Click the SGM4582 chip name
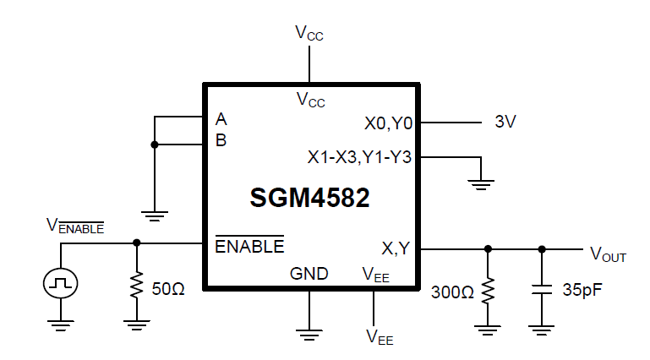pyautogui.click(x=309, y=198)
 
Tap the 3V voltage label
pyautogui.click(x=505, y=122)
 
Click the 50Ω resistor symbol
pyautogui.click(x=135, y=287)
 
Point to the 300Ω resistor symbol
pyautogui.click(x=487, y=292)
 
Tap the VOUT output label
pyautogui.click(x=608, y=253)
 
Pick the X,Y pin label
pyautogui.click(x=396, y=248)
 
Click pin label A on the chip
pyautogui.click(x=221, y=118)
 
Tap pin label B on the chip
pyautogui.click(x=221, y=140)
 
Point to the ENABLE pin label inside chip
pyautogui.click(x=249, y=247)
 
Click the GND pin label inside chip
pyautogui.click(x=309, y=274)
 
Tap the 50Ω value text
pyautogui.click(x=167, y=289)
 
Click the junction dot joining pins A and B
pyautogui.click(x=154, y=145)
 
